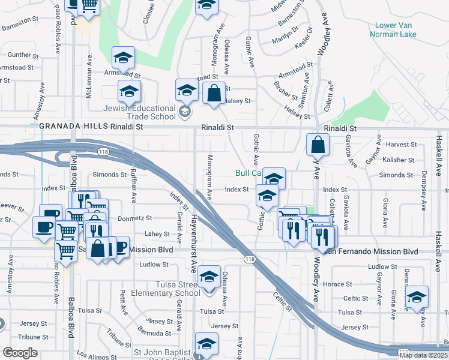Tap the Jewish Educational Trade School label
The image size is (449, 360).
pos(139,112)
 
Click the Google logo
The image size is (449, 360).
pos(19,353)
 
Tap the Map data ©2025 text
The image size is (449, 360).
pos(423,355)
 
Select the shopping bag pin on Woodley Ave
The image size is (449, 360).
pos(317,145)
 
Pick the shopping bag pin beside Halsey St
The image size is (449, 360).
pos(214,94)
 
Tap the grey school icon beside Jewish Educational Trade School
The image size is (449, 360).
pos(185,112)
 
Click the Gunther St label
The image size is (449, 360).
pos(23,55)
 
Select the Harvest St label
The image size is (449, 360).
pos(402,145)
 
